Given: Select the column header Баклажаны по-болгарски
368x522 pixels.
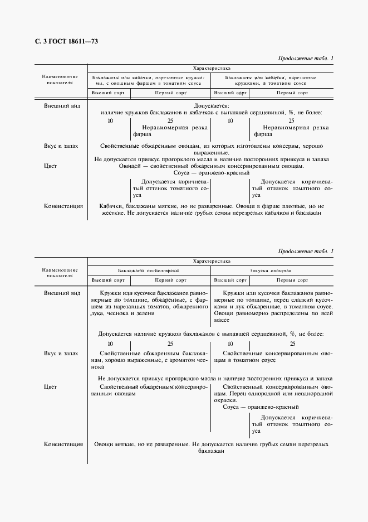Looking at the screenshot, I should pyautogui.click(x=149, y=270).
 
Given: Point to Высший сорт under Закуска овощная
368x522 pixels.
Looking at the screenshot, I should pyautogui.click(x=230, y=280).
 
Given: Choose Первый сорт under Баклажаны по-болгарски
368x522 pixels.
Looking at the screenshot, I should pyautogui.click(x=170, y=280).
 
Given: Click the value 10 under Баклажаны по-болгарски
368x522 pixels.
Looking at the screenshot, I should pyautogui.click(x=110, y=344).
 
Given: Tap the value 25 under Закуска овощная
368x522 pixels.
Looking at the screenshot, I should pyautogui.click(x=292, y=344).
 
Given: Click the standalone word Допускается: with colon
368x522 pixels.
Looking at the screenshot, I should pyautogui.click(x=211, y=105).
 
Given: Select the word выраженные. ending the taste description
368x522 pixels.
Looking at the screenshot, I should pyautogui.click(x=211, y=152).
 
